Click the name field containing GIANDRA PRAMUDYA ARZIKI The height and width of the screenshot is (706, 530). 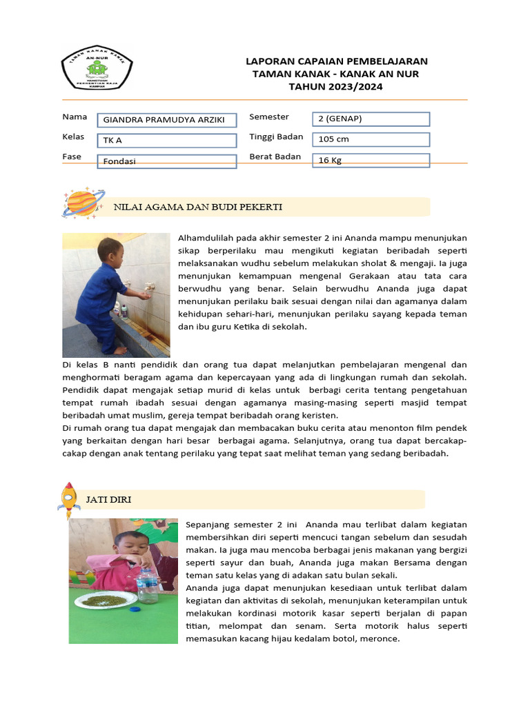(166, 120)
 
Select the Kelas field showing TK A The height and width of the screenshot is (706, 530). (166, 141)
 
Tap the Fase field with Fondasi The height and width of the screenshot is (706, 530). (166, 161)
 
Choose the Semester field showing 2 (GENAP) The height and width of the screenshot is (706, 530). (371, 119)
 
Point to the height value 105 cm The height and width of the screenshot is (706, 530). (371, 139)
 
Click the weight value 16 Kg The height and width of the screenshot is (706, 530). (371, 160)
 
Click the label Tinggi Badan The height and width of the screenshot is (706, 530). (276, 137)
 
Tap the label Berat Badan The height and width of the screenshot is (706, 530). (275, 157)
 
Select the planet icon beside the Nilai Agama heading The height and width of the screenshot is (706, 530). (82, 203)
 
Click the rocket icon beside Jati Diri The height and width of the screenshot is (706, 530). (68, 499)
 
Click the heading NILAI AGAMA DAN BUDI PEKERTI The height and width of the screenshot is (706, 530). (198, 207)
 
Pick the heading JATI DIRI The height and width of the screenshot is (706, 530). (108, 499)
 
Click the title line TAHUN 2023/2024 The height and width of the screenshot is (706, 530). (336, 86)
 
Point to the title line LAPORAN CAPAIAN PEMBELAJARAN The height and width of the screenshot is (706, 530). (336, 61)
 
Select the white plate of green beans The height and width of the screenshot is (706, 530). (105, 601)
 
